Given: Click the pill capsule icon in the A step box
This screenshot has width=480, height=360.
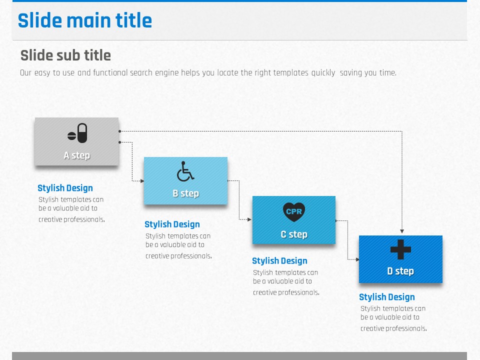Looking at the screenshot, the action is [x=77, y=133].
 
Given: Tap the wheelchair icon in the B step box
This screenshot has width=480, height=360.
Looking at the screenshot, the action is [x=185, y=171].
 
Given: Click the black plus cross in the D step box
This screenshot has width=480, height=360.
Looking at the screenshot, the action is [x=400, y=249].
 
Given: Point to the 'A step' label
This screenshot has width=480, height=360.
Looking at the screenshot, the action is [x=77, y=155].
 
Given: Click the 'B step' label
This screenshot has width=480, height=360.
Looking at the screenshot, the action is [x=186, y=193].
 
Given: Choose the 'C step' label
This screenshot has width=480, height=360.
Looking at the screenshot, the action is [x=294, y=234].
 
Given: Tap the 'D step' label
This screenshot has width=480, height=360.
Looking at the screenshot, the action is [x=400, y=271].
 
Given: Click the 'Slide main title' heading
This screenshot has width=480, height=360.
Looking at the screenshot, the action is [x=85, y=20].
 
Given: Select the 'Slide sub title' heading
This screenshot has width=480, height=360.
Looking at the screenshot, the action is [x=65, y=55].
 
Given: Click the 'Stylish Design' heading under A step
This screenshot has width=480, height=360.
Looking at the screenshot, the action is [x=65, y=188].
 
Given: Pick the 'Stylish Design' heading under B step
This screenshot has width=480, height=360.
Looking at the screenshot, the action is [x=172, y=224].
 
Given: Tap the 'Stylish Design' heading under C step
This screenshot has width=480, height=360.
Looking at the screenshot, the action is [x=279, y=261].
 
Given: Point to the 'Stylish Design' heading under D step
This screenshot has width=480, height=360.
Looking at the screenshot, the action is [x=387, y=297].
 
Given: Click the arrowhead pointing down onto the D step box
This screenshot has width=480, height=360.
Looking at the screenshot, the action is [x=402, y=231].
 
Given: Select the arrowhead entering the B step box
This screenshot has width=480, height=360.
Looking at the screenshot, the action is [x=142, y=181].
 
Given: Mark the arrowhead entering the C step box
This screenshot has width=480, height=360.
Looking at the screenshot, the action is [x=249, y=219].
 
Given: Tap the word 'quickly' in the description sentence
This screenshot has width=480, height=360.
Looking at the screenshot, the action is [x=323, y=73].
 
